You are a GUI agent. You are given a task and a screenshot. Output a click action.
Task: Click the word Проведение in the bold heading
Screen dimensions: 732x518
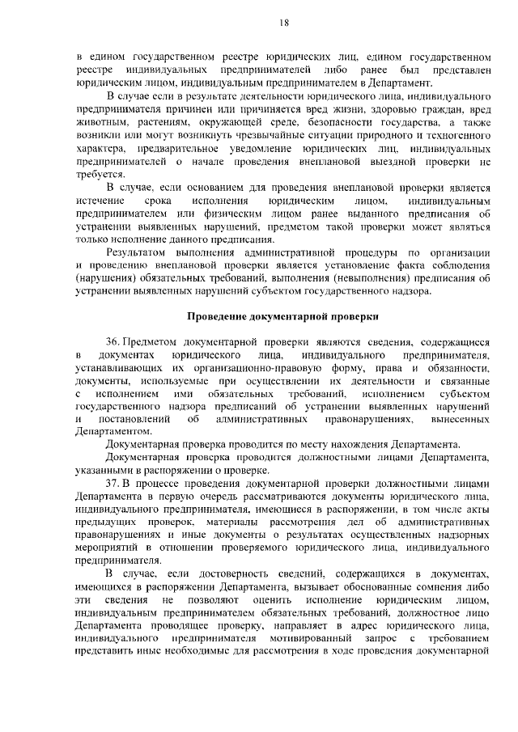point(219,315)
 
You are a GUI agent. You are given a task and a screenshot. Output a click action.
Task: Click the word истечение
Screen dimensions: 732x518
point(102,199)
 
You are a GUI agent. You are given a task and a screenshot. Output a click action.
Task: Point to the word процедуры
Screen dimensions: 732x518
point(368,254)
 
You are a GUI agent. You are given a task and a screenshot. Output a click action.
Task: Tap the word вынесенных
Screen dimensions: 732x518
point(456,420)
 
